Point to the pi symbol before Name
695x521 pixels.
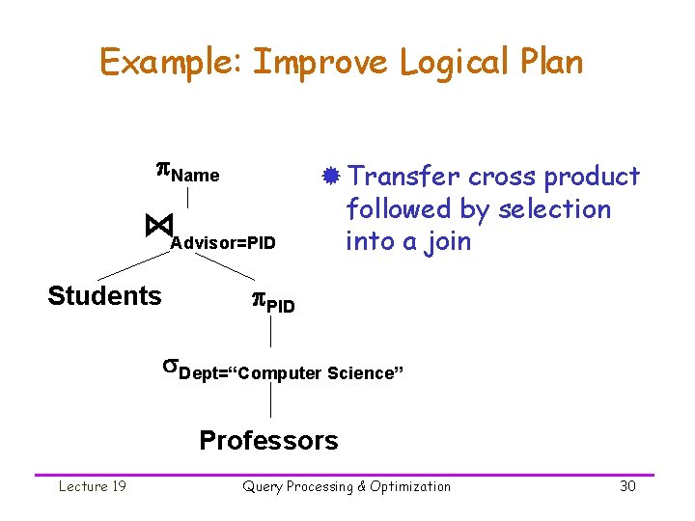(164, 172)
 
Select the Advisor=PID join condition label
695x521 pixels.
(223, 241)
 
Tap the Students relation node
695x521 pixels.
(104, 295)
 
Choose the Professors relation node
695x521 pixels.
(268, 441)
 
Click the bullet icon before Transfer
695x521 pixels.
(330, 177)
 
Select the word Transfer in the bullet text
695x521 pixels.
(403, 177)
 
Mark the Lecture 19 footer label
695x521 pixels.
(93, 486)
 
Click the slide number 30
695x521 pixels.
(627, 486)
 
